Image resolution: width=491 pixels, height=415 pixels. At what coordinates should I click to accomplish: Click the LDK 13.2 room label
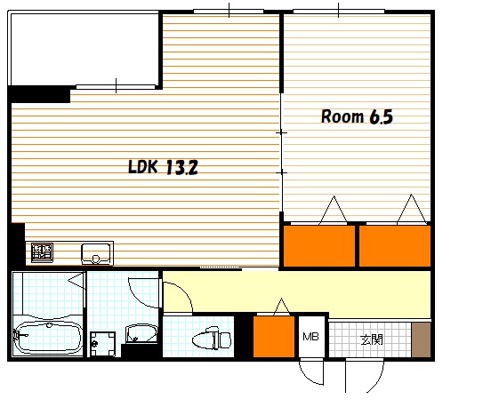[163, 167]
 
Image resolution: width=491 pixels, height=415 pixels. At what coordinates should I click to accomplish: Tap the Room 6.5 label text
[357, 116]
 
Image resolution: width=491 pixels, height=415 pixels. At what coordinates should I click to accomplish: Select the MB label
[310, 337]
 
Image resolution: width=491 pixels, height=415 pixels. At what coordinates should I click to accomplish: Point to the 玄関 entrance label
[372, 339]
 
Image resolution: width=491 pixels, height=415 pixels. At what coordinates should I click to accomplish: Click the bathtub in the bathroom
[48, 339]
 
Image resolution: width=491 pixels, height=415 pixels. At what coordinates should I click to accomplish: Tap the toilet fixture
[212, 339]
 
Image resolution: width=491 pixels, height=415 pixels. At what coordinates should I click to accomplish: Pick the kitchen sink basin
[96, 253]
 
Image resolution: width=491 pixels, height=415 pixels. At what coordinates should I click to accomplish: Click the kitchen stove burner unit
[43, 252]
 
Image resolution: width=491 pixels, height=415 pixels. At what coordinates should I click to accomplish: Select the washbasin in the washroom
[141, 334]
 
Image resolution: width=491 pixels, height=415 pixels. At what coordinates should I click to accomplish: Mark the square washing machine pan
[102, 344]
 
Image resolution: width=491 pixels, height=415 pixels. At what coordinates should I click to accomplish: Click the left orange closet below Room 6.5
[319, 246]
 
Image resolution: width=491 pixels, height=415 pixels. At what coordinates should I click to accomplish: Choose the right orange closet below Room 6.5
[395, 246]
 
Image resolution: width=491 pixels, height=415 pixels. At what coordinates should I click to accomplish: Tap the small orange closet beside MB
[274, 337]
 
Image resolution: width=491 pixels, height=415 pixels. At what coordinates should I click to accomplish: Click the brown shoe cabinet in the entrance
[421, 339]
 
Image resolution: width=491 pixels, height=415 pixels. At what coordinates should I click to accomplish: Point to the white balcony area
[85, 49]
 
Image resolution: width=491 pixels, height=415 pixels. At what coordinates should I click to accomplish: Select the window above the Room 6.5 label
[339, 12]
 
